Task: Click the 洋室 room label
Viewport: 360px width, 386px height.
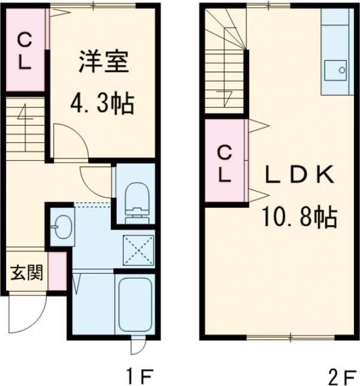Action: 104,61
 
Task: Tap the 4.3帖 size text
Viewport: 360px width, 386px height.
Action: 103,103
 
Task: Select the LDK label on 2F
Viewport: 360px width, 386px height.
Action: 300,175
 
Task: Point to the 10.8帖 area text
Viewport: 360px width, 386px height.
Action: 299,217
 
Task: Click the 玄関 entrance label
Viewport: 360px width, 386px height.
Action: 27,273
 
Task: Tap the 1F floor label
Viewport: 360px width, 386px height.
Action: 140,375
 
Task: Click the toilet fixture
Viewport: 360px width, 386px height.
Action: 137,202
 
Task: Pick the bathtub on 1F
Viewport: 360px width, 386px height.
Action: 134,305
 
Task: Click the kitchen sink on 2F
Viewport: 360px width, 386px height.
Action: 335,70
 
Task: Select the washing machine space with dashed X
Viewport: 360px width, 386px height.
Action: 138,250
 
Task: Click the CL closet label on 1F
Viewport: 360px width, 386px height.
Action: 25,52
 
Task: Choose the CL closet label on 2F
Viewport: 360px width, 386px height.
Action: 225,163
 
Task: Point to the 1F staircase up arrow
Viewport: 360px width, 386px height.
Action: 25,127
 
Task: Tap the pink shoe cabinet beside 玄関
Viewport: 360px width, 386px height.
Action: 58,271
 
